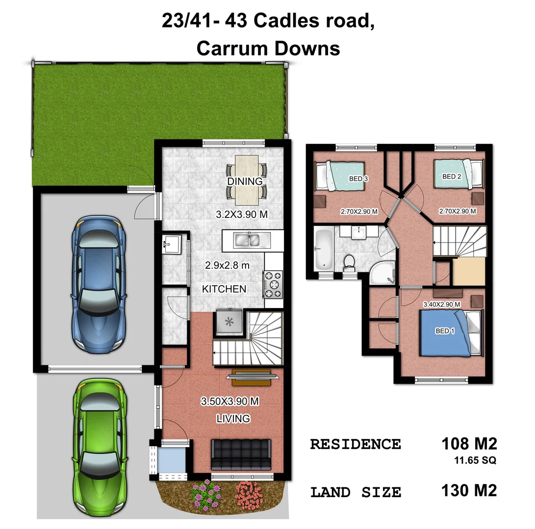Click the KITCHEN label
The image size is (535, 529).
224,289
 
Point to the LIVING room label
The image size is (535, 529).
233,418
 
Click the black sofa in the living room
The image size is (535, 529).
240,454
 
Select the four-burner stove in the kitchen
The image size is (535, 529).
273,284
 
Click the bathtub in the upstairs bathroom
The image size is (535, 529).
323,249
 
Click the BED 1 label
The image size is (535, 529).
445,331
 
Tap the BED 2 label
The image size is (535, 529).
452,176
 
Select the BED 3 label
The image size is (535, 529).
358,179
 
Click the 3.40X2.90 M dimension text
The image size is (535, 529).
441,304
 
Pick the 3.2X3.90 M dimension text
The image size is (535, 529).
242,214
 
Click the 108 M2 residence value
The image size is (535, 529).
469,444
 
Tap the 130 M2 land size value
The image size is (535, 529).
469,490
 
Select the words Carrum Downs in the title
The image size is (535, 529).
268,48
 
